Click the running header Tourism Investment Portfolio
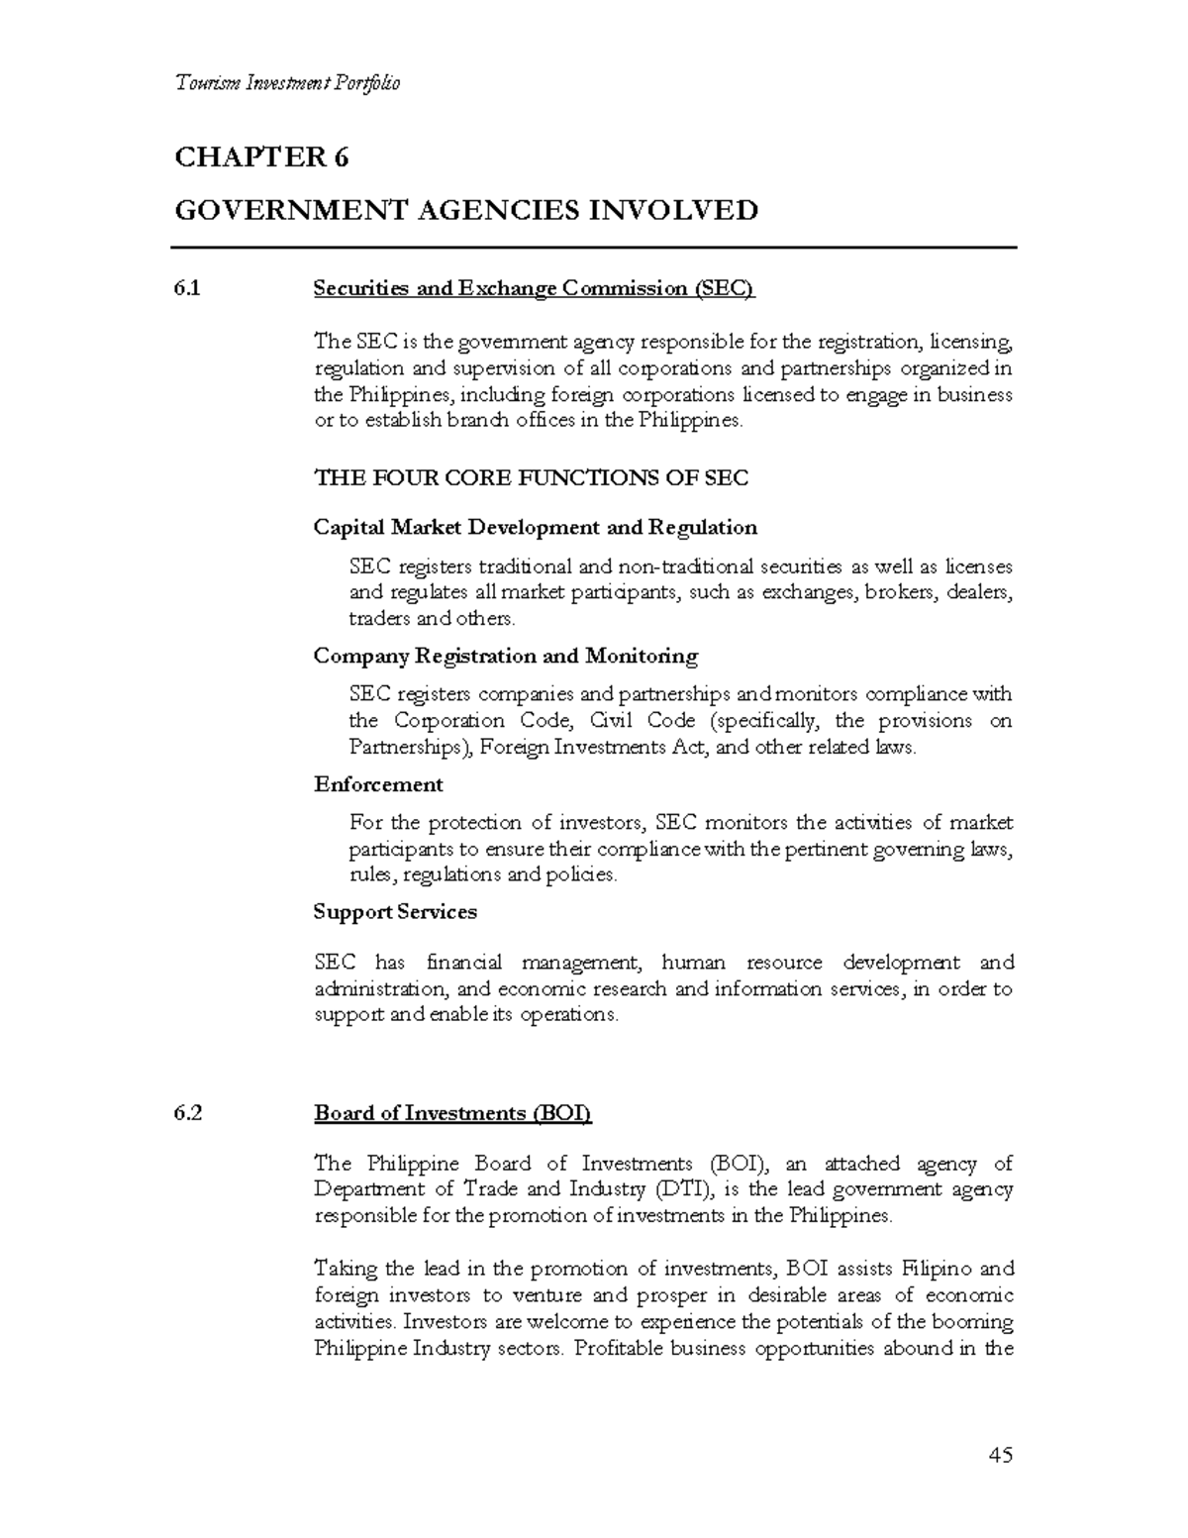point(287,83)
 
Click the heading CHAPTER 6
point(262,157)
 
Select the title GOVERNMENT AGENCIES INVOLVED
point(466,211)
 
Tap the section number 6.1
point(186,289)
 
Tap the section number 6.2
point(187,1113)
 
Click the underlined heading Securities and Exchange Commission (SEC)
point(534,289)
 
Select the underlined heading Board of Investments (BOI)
point(452,1113)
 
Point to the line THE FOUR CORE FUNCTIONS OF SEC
point(531,478)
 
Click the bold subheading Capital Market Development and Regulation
point(535,527)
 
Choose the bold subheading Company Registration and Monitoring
point(505,656)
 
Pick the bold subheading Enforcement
point(378,784)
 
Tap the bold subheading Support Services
point(395,912)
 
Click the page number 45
point(1000,1455)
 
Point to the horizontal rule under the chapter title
point(594,247)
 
